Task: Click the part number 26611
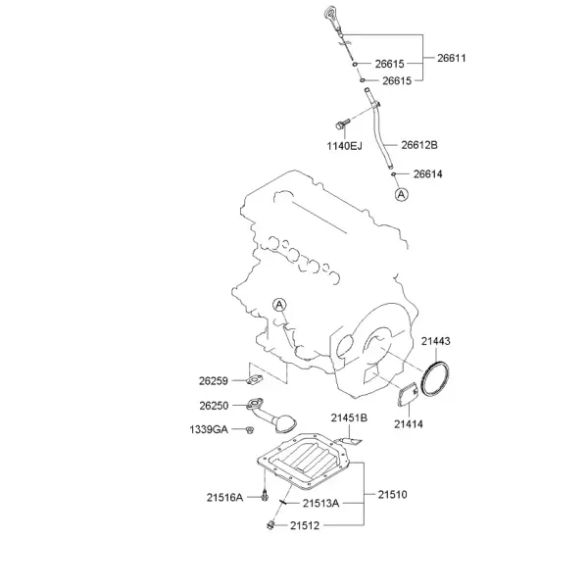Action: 452,58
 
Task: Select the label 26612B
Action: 419,145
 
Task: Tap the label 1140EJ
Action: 344,146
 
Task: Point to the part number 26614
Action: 428,174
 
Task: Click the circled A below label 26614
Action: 402,195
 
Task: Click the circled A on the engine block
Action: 279,305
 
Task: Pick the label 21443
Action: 435,341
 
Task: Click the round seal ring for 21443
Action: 423,378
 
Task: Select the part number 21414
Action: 409,424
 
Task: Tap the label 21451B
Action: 349,417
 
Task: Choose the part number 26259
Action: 214,381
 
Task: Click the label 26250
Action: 214,406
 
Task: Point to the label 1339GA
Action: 209,429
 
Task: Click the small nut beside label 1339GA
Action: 249,429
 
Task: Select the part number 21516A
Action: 224,498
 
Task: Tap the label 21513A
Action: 321,504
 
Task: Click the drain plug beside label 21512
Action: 270,525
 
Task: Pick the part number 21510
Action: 392,495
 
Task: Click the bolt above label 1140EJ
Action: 343,123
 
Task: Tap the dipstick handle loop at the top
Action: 331,15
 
